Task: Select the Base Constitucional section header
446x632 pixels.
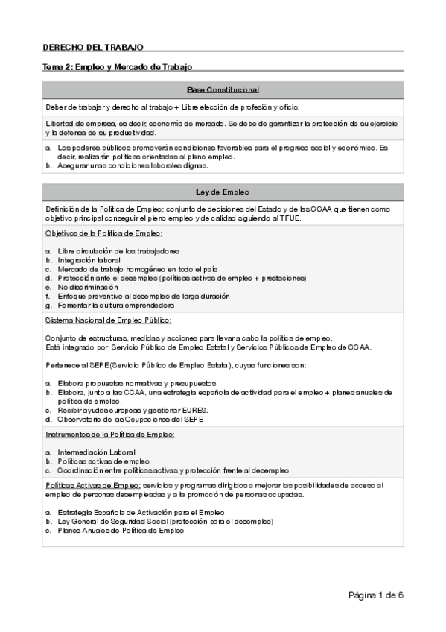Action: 223,89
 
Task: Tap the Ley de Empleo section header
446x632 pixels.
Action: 223,192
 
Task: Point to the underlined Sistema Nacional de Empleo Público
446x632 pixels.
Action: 108,320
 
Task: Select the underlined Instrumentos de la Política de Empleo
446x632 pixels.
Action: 109,434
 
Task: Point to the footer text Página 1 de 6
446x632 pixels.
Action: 375,595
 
